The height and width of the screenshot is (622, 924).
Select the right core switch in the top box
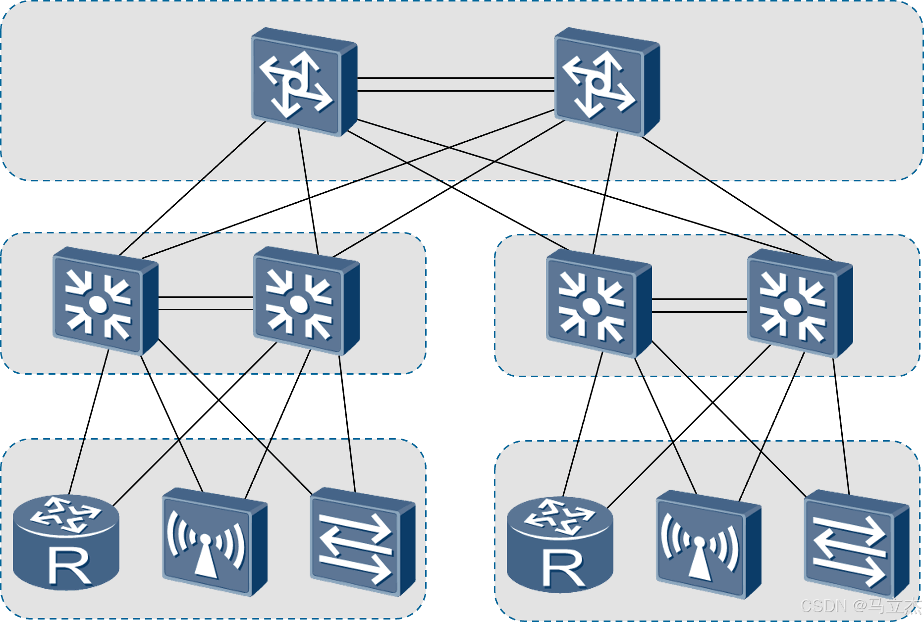(x=605, y=82)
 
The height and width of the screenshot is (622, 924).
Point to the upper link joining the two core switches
(x=456, y=78)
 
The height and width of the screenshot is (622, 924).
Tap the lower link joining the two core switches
(x=456, y=91)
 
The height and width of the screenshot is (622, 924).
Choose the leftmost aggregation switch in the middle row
(x=104, y=301)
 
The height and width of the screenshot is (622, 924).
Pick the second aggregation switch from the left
(x=305, y=301)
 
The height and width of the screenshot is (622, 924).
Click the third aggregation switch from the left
(x=598, y=303)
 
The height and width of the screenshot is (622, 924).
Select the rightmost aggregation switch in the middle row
(x=799, y=303)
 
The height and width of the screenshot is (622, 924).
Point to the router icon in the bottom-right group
(x=560, y=545)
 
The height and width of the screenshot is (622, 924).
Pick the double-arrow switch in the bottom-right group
(x=856, y=544)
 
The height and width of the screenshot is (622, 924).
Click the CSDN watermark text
(x=860, y=606)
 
